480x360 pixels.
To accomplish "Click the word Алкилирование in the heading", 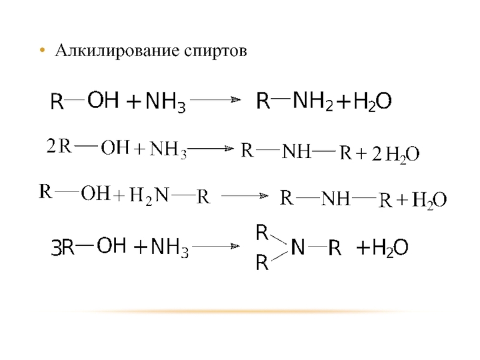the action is tap(117, 51).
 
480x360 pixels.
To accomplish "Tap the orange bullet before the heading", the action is tap(42, 50).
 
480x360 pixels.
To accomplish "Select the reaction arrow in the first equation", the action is tap(216, 100).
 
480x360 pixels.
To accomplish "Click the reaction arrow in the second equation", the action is tap(210, 149).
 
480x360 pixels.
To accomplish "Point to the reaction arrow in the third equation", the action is tap(244, 196).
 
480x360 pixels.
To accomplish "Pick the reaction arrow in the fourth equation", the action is tap(216, 246).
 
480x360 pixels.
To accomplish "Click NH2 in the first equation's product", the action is tap(313, 102).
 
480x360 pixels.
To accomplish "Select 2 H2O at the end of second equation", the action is tap(395, 155).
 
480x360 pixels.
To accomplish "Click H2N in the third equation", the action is tap(149, 196).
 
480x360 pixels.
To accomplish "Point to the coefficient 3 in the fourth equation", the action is tap(56, 248).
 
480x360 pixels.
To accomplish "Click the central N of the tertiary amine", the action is tap(297, 247).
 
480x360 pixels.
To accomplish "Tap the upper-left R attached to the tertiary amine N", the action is tap(262, 232).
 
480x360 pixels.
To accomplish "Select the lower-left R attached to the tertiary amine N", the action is tap(262, 262).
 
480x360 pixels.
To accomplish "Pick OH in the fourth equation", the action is tap(112, 245).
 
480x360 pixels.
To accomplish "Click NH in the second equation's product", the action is tap(296, 152).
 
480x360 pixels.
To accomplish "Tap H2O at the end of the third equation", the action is tap(430, 200).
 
